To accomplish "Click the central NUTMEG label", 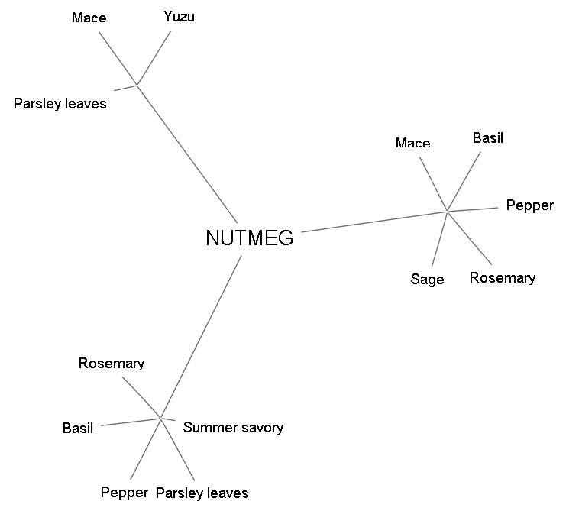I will (249, 238).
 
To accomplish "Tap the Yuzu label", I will (179, 16).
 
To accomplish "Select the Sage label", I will (427, 280).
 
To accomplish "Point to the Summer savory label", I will (233, 427).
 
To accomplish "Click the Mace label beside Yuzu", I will (89, 18).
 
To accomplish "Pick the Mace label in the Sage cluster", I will (412, 143).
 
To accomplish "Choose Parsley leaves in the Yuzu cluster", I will (60, 103).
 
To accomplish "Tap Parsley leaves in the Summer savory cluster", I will (202, 493).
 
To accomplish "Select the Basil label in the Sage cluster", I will (488, 138).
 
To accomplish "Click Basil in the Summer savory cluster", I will (78, 429).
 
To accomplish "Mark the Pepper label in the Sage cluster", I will (529, 205).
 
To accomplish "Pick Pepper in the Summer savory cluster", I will (124, 492).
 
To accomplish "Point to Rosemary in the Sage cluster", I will (502, 277).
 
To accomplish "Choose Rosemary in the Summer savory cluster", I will (111, 364).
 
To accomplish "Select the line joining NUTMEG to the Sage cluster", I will (374, 221).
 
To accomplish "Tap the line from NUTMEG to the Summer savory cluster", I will (201, 337).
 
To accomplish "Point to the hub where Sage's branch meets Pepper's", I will (447, 211).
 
